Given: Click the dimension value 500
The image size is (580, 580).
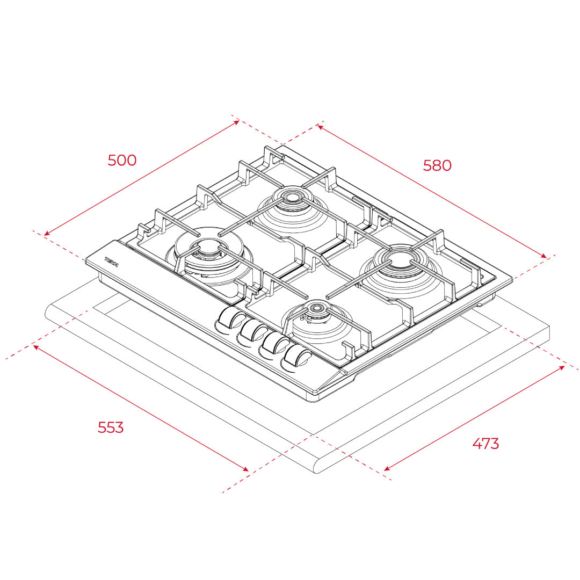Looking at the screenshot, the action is [x=122, y=160].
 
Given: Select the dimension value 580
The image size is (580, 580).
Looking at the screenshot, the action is [x=437, y=165].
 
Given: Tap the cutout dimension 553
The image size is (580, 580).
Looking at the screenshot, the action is [x=111, y=427].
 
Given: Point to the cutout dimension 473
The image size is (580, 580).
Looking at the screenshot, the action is [x=485, y=443].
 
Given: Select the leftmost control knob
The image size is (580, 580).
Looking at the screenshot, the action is [x=230, y=320].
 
